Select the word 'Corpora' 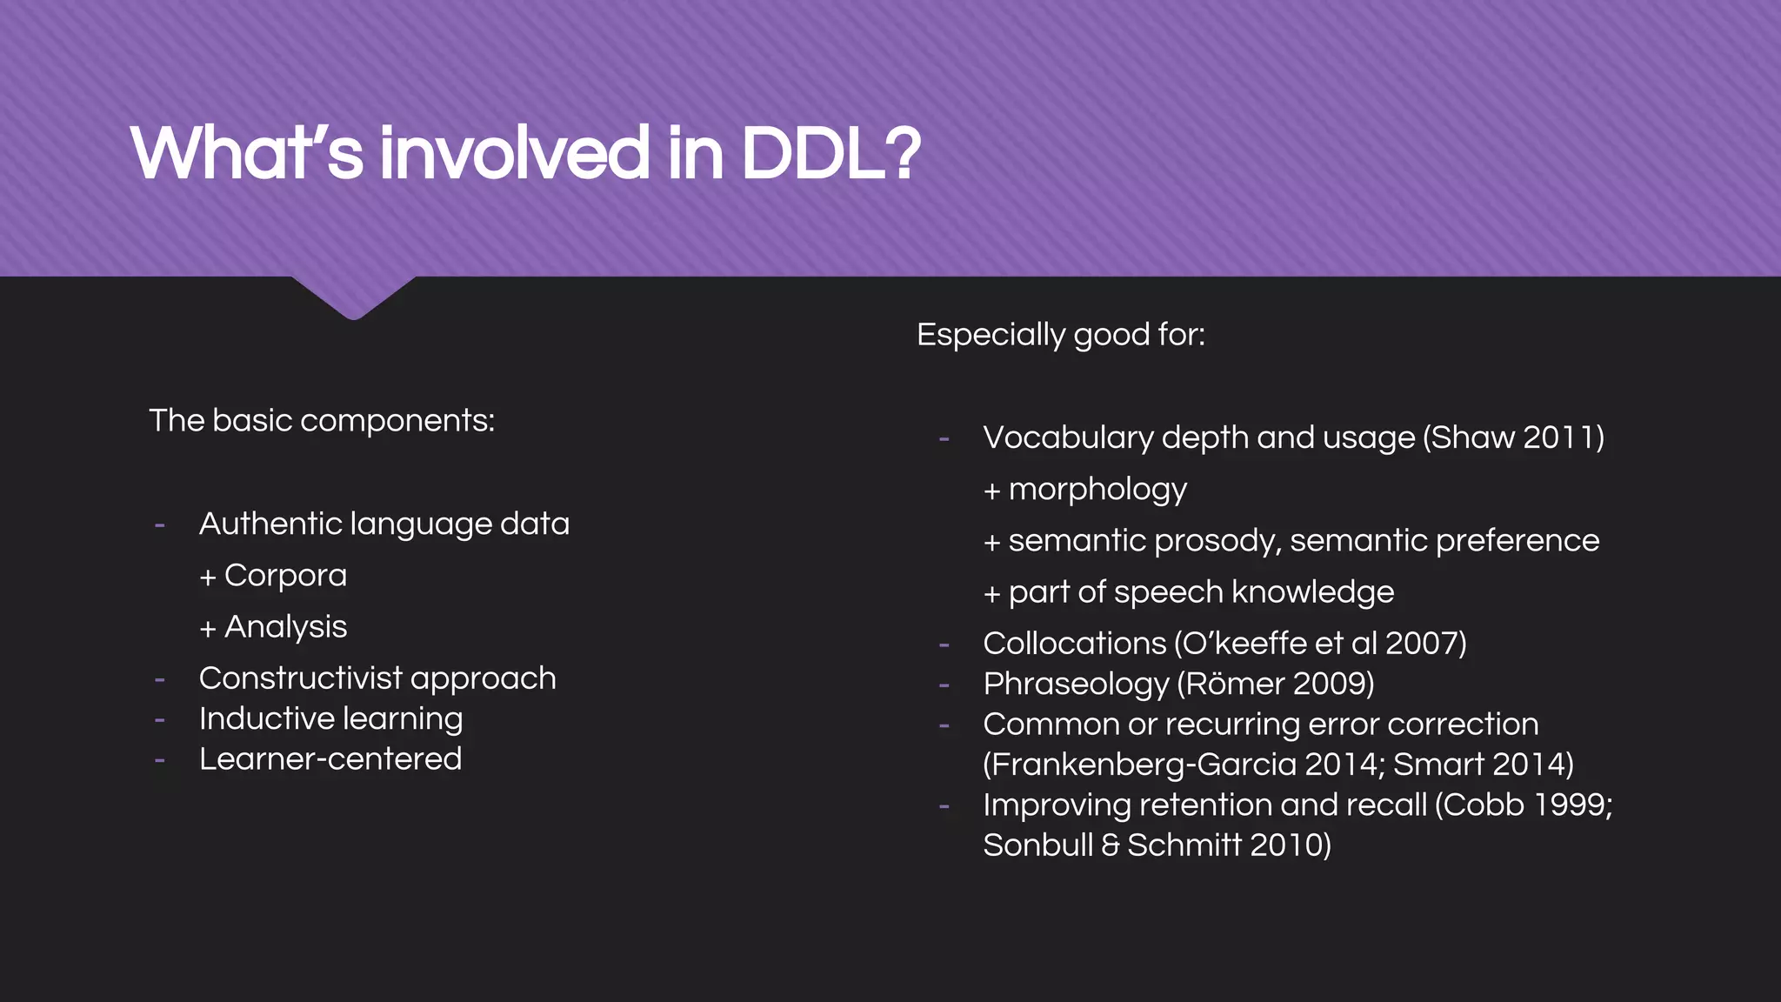click(285, 576)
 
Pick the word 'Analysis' click(285, 627)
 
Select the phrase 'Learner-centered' click(330, 759)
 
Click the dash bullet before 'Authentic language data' click(160, 525)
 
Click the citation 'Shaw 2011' click(1513, 438)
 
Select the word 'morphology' click(1097, 490)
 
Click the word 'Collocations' click(1074, 644)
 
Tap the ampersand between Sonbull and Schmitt click(1111, 845)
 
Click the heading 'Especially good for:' click(1061, 335)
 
